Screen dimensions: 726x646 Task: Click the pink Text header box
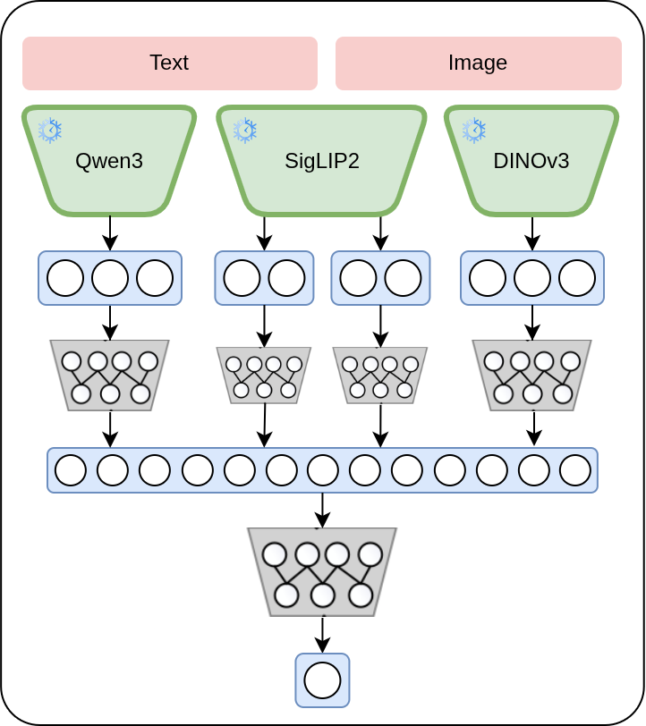pyautogui.click(x=169, y=63)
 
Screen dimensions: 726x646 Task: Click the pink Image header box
pyautogui.click(x=478, y=63)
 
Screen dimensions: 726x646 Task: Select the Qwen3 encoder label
pyautogui.click(x=109, y=161)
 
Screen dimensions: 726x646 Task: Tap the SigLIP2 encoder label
pyautogui.click(x=322, y=161)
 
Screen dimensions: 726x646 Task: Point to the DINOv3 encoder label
pyautogui.click(x=531, y=161)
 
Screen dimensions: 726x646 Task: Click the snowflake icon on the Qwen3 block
pyautogui.click(x=50, y=131)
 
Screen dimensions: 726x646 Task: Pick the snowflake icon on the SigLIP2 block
pyautogui.click(x=244, y=131)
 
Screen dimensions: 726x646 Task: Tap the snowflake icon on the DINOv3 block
pyautogui.click(x=473, y=131)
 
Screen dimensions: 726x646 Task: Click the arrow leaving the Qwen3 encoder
pyautogui.click(x=110, y=232)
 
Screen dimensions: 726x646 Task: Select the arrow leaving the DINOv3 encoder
pyautogui.click(x=532, y=232)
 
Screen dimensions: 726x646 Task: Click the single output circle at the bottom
pyautogui.click(x=322, y=680)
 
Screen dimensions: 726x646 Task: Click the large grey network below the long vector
pyautogui.click(x=322, y=571)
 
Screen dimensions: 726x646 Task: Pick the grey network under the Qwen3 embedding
pyautogui.click(x=109, y=376)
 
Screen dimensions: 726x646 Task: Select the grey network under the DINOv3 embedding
pyautogui.click(x=532, y=376)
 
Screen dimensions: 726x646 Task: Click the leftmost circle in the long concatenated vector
pyautogui.click(x=71, y=470)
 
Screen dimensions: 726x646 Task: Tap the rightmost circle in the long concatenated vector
pyautogui.click(x=575, y=470)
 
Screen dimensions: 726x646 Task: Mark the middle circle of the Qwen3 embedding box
pyautogui.click(x=110, y=278)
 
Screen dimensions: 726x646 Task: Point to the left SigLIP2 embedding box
pyautogui.click(x=264, y=278)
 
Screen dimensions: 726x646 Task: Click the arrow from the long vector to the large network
pyautogui.click(x=323, y=510)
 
